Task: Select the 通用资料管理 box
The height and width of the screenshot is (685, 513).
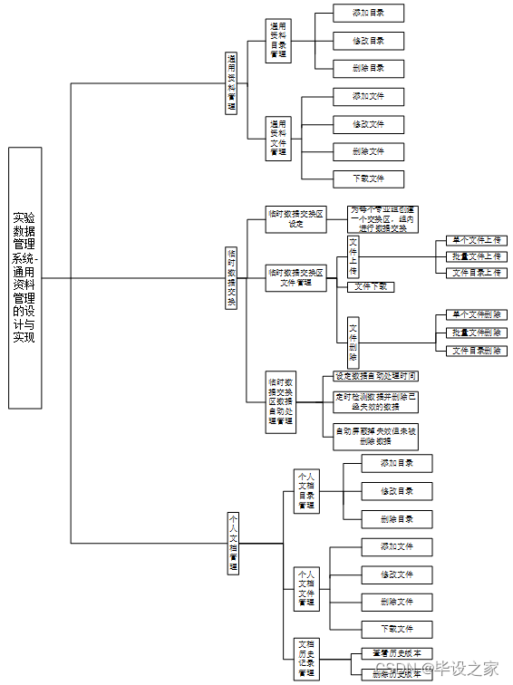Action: pyautogui.click(x=231, y=82)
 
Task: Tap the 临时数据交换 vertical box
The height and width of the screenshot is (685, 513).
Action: pyautogui.click(x=231, y=278)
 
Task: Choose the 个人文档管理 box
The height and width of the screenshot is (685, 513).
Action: pyautogui.click(x=232, y=543)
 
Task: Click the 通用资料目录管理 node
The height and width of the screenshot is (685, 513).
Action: pyautogui.click(x=278, y=41)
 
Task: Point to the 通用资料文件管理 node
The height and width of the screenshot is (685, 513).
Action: pyautogui.click(x=278, y=139)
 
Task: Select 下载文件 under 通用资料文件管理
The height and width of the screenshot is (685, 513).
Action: pyautogui.click(x=368, y=178)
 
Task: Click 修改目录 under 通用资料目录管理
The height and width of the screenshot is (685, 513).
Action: pyautogui.click(x=368, y=41)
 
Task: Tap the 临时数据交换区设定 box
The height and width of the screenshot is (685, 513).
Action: pyautogui.click(x=295, y=219)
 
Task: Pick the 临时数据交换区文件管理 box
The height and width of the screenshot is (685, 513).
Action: pyautogui.click(x=295, y=277)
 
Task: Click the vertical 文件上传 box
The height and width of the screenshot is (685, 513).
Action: pyautogui.click(x=353, y=256)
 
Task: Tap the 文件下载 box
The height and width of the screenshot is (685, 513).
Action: pyautogui.click(x=371, y=286)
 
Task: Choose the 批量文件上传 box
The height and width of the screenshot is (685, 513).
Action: pyautogui.click(x=476, y=256)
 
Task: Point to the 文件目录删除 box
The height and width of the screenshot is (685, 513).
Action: pyautogui.click(x=476, y=350)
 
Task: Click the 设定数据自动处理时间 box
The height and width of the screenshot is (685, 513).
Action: pyautogui.click(x=375, y=375)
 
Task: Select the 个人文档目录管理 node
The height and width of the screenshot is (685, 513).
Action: pyautogui.click(x=306, y=490)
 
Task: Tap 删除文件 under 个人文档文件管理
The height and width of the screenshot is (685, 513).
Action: pyautogui.click(x=396, y=602)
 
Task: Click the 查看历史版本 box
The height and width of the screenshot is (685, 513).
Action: pyautogui.click(x=396, y=652)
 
